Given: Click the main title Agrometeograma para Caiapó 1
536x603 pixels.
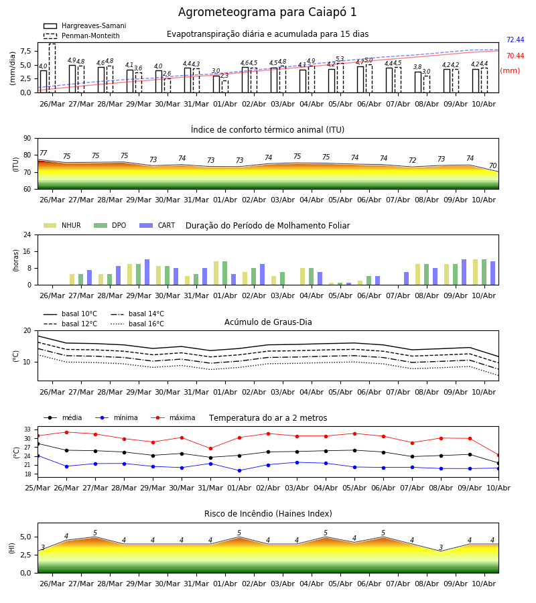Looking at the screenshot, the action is [267, 12].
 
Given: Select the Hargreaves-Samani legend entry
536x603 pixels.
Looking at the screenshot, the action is [84, 25].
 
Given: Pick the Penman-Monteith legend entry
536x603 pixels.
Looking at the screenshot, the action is [82, 36].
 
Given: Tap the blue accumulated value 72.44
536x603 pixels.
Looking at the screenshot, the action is [515, 40].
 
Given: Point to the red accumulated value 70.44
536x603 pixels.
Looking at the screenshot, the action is [515, 56].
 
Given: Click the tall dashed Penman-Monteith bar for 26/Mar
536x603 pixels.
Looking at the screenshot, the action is [52, 68].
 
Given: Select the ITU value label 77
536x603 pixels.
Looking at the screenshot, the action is [43, 153].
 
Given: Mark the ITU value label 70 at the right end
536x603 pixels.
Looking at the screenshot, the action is [492, 165].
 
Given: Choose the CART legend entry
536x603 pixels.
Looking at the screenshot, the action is [157, 225].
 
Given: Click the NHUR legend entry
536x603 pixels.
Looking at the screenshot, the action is [62, 225].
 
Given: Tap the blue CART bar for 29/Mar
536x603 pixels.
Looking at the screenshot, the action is [147, 272].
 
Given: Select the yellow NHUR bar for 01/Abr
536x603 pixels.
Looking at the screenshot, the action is [216, 273].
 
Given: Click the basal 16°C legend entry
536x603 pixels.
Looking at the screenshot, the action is [137, 324].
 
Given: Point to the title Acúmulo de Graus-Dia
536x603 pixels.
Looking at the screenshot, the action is [268, 322].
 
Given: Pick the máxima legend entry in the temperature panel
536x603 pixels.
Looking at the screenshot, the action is [173, 417].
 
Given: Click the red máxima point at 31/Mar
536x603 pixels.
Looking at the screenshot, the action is [210, 449].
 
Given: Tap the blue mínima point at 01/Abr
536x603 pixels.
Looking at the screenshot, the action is [240, 471].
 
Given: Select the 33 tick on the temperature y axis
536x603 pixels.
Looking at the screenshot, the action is [27, 429].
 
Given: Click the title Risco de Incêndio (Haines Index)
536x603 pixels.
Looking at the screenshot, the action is [268, 514].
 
